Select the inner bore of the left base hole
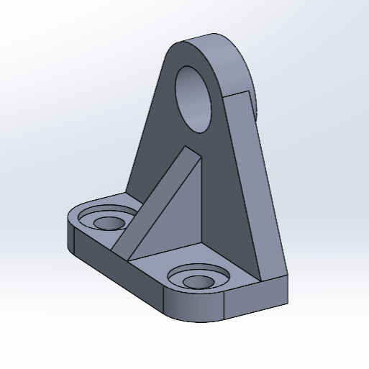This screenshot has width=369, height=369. coord(108,222)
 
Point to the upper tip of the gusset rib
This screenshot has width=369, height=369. coord(189,147)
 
